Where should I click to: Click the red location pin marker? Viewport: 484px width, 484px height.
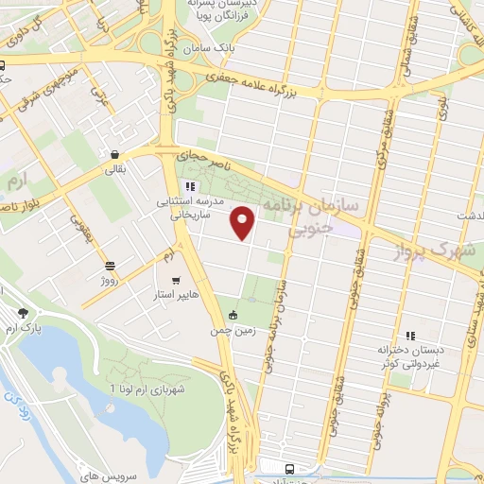coord(245,223)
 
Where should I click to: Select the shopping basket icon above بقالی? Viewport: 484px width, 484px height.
coord(114,154)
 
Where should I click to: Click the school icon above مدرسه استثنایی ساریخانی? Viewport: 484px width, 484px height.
coord(189,186)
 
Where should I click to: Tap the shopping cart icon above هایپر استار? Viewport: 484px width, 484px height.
coord(178,280)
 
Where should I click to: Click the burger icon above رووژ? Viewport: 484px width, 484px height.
coord(110,266)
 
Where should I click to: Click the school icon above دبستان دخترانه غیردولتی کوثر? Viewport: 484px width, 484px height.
coord(410,335)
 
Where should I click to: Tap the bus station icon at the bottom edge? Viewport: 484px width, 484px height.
coord(287,469)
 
